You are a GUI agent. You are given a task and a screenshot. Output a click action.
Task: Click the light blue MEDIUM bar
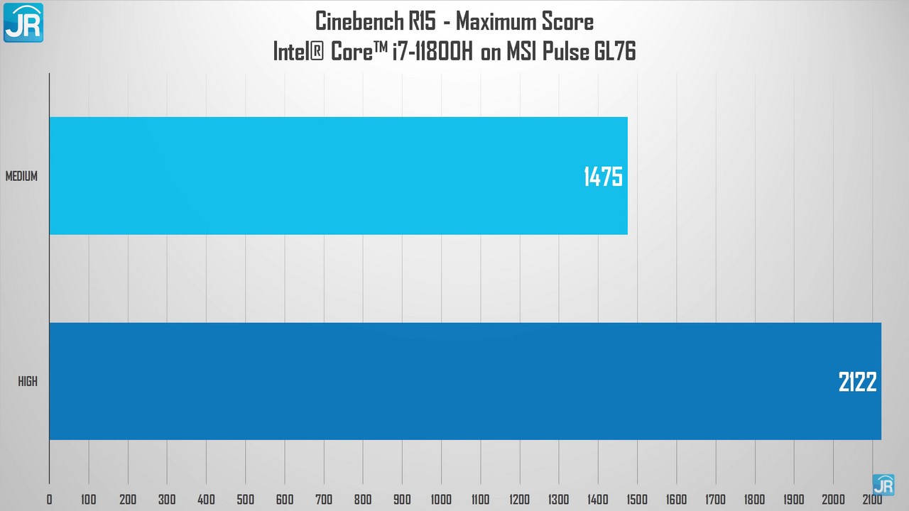338,175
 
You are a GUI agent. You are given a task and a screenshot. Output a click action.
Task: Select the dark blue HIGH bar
465,381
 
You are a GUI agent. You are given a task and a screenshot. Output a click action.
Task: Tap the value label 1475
603,177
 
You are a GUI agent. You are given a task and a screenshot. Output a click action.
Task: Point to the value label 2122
857,383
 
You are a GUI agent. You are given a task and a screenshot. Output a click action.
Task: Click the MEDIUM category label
21,177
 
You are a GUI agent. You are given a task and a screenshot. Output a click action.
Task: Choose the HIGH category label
28,382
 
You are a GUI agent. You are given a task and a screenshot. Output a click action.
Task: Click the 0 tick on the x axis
49,499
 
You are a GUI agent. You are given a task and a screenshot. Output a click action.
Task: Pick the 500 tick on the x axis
245,499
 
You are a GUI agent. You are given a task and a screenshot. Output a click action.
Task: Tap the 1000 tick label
441,499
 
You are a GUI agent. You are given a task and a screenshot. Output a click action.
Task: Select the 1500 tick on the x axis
637,499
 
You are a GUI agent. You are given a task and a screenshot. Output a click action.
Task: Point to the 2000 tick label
833,499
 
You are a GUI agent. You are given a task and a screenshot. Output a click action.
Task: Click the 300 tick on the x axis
167,499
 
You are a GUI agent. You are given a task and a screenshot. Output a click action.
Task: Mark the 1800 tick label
755,499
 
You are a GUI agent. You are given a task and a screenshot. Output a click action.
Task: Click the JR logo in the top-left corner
23,22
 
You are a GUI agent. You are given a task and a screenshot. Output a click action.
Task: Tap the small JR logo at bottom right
883,485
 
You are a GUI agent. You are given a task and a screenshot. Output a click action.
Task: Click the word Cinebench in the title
361,21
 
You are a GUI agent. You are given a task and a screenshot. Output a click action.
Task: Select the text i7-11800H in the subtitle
431,52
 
